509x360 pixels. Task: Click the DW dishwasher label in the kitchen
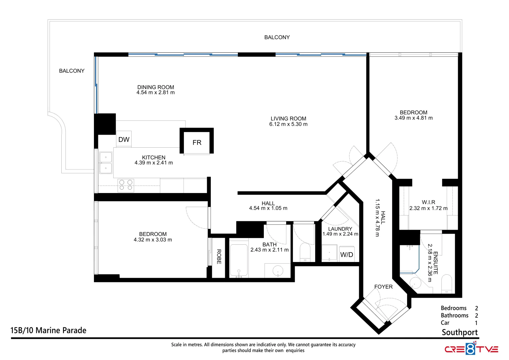pyautogui.click(x=124, y=140)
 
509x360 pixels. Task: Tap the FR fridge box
pyautogui.click(x=197, y=143)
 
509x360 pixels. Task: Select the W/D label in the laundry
pyautogui.click(x=346, y=255)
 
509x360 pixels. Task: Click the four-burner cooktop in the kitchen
pyautogui.click(x=126, y=185)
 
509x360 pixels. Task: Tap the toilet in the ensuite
pyautogui.click(x=446, y=284)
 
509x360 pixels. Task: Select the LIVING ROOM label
pyautogui.click(x=288, y=119)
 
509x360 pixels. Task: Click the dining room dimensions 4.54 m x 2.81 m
pyautogui.click(x=156, y=93)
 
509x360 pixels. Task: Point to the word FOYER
pyautogui.click(x=383, y=287)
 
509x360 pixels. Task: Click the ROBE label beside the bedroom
pyautogui.click(x=219, y=257)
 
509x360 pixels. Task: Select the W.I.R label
pyautogui.click(x=428, y=202)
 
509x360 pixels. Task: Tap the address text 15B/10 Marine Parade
pyautogui.click(x=48, y=330)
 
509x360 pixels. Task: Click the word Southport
pyautogui.click(x=459, y=332)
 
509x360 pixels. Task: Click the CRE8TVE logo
pyautogui.click(x=471, y=349)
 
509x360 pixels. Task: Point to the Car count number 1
pyautogui.click(x=476, y=323)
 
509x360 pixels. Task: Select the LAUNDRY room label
pyautogui.click(x=340, y=229)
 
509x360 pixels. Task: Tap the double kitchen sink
pyautogui.click(x=106, y=163)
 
